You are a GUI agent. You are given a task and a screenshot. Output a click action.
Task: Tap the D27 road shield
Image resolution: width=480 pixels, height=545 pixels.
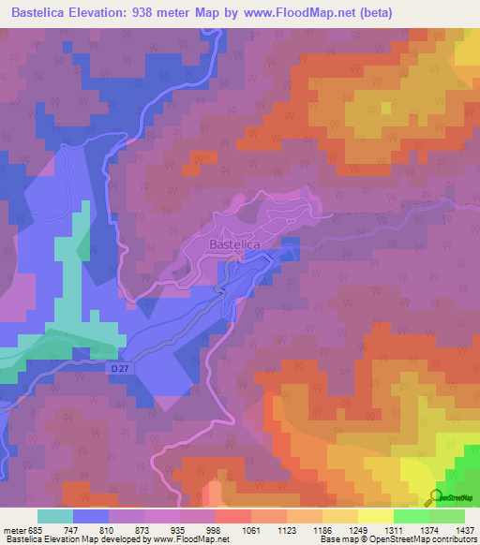(x=115, y=369)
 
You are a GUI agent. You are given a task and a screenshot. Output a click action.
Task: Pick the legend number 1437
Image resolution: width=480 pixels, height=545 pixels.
(x=453, y=528)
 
